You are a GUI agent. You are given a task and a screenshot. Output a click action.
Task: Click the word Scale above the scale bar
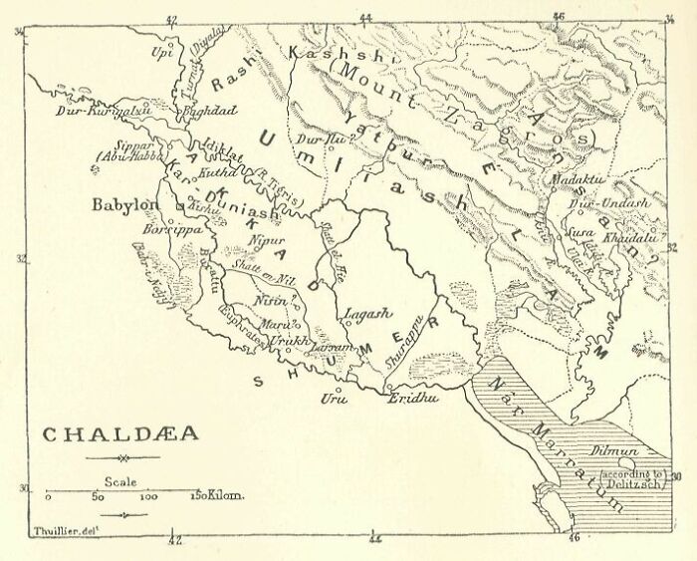(x=122, y=479)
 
